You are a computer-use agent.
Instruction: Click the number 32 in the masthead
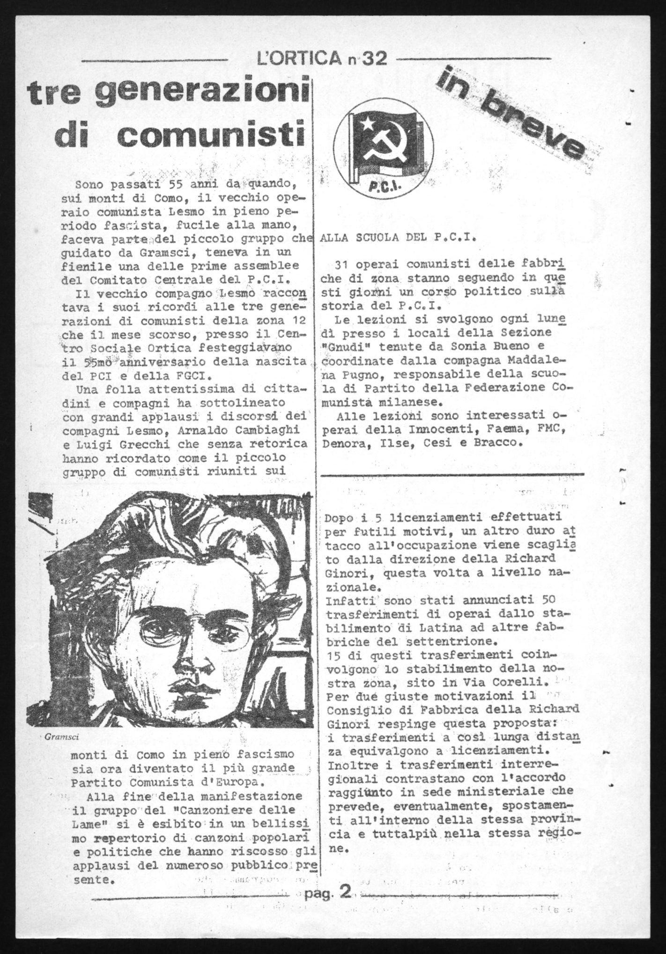[374, 59]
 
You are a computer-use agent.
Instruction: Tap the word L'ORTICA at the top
[300, 59]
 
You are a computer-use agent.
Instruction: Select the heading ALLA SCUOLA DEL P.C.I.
[398, 237]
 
